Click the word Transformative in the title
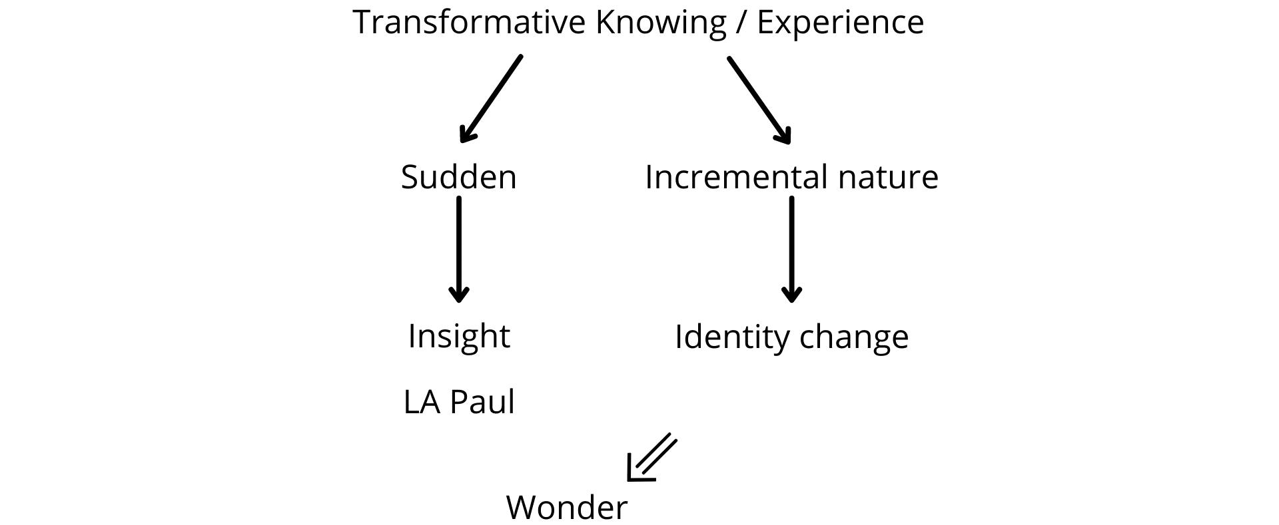click(x=468, y=22)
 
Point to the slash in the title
click(x=741, y=23)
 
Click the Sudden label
click(x=459, y=177)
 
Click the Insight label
click(x=459, y=336)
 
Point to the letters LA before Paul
click(x=422, y=403)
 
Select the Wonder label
click(x=567, y=508)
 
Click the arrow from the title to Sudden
click(x=492, y=99)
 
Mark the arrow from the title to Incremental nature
click(x=759, y=100)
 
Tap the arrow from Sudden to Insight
click(x=459, y=250)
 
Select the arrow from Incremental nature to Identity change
click(x=791, y=250)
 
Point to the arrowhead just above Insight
click(x=459, y=293)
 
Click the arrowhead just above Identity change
click(x=791, y=293)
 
